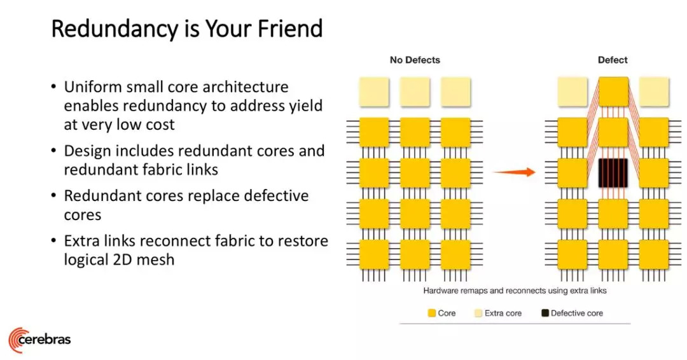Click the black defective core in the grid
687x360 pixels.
(x=613, y=173)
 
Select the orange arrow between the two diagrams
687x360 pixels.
(x=515, y=172)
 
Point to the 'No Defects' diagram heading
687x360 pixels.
(x=415, y=60)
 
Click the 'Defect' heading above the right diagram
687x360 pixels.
(x=613, y=60)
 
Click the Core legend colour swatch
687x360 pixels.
(x=431, y=313)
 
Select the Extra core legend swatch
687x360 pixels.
(x=478, y=313)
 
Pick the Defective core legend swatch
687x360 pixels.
(x=545, y=313)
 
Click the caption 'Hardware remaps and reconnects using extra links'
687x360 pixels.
(x=515, y=291)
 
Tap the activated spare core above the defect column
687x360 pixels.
(x=613, y=92)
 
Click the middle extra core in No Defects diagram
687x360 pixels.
(x=415, y=92)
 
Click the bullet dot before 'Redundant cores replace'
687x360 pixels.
(x=53, y=196)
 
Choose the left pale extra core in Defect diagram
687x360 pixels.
(x=572, y=92)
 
